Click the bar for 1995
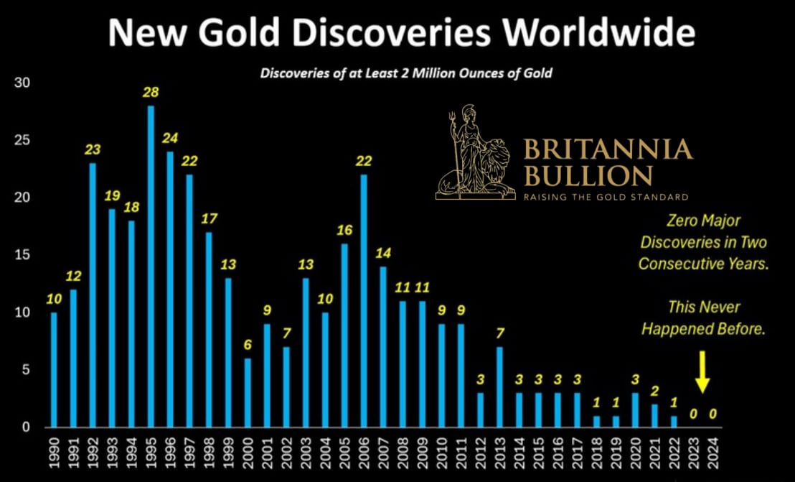[x=151, y=267]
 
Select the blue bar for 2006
[x=364, y=301]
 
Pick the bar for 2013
[x=499, y=387]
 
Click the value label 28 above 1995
[x=151, y=93]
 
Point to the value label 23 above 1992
[x=93, y=150]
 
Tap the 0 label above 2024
[x=712, y=414]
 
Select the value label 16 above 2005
[x=344, y=231]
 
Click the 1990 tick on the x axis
[x=54, y=452]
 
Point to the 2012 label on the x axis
[x=480, y=452]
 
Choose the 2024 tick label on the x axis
[x=712, y=452]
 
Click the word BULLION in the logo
[x=588, y=175]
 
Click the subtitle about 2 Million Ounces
[x=405, y=73]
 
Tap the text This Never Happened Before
[x=703, y=318]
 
